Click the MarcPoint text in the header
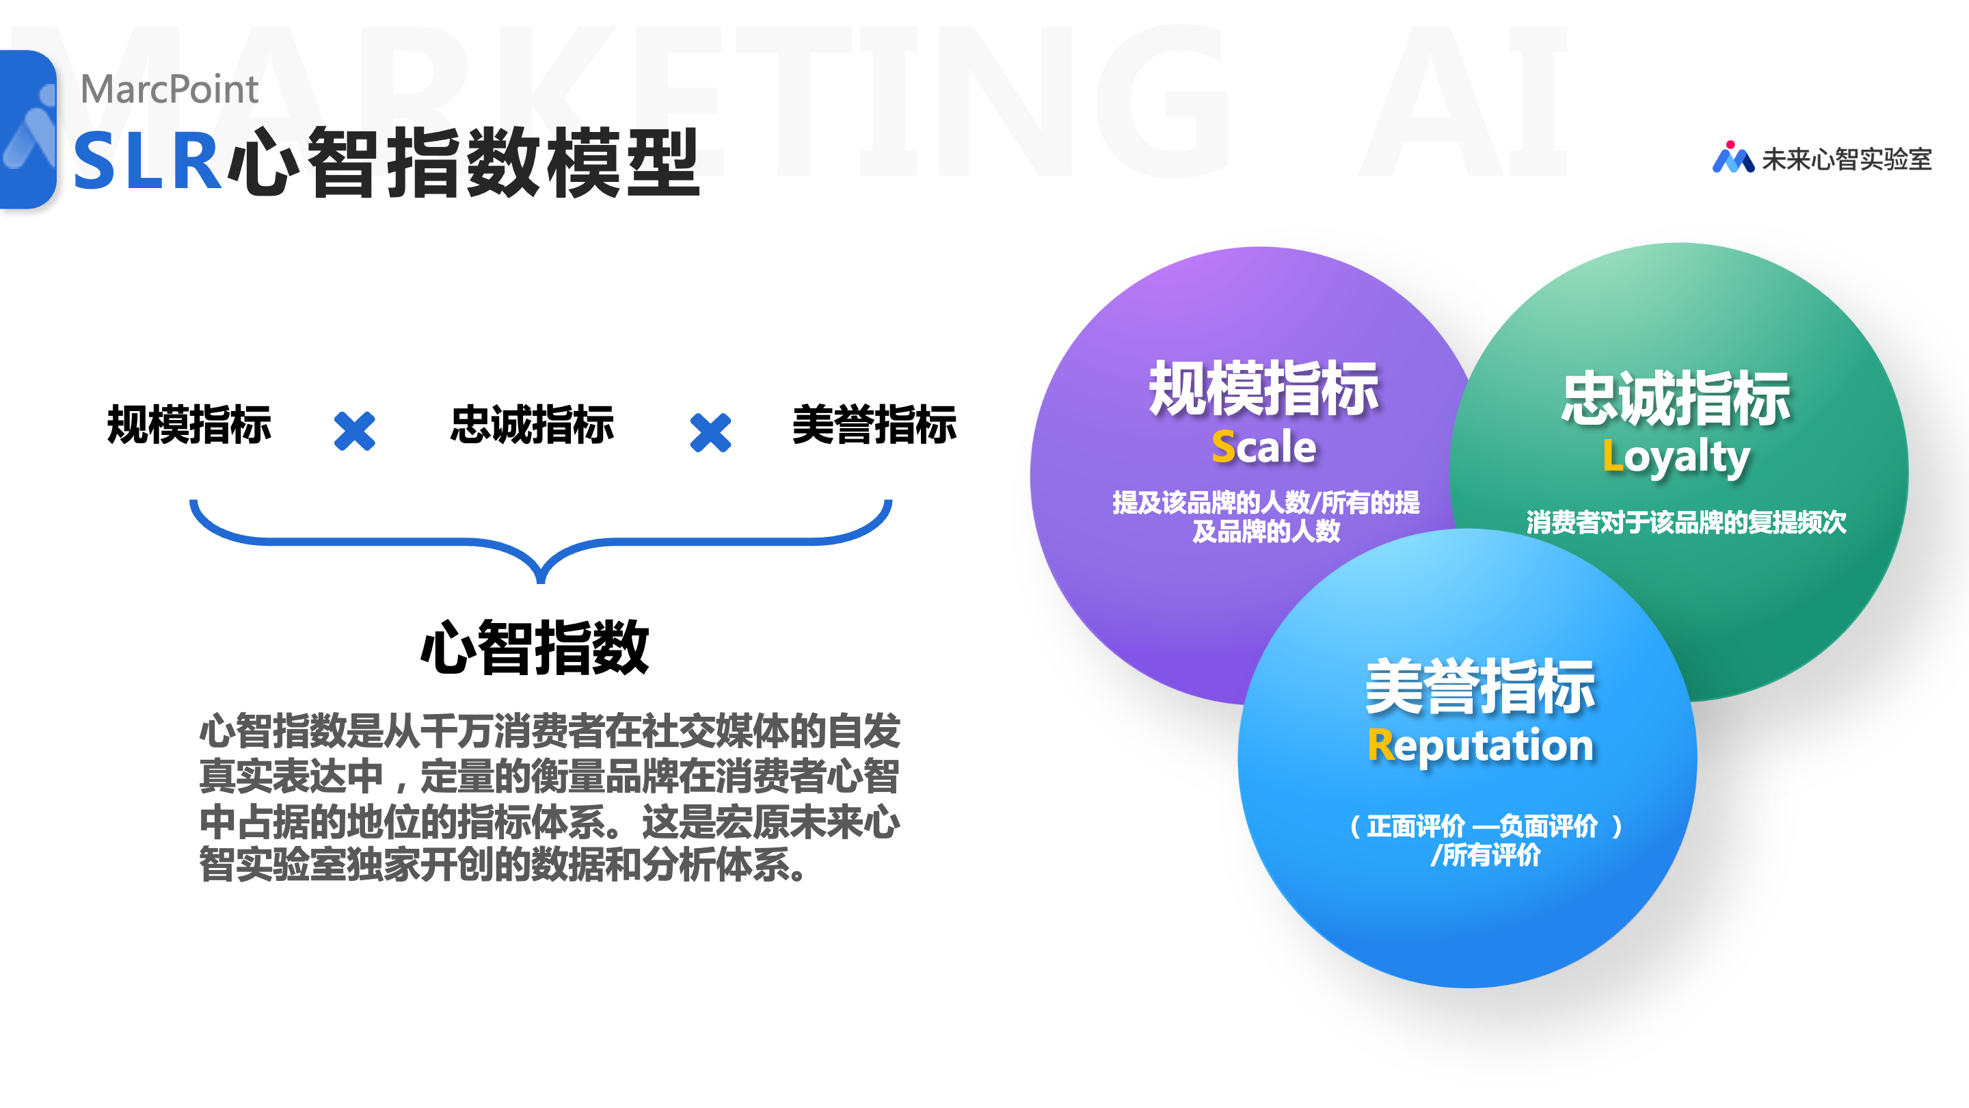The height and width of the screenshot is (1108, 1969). [x=170, y=90]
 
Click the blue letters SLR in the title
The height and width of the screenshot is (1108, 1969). [x=147, y=161]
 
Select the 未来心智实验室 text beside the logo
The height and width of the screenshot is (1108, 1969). [x=1847, y=159]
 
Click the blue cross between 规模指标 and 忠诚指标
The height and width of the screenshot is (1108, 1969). [x=355, y=432]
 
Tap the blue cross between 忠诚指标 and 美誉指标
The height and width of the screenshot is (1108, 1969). [x=710, y=433]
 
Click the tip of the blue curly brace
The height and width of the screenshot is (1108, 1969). [x=541, y=582]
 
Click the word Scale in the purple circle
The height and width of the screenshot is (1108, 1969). [x=1264, y=447]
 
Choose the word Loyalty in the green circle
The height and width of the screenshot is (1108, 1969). [x=1676, y=458]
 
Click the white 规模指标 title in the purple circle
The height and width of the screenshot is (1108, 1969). [x=1264, y=388]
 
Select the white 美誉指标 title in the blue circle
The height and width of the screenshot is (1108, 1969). [x=1481, y=687]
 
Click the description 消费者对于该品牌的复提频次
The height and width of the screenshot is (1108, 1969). [x=1686, y=523]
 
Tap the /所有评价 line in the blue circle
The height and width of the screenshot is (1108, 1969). [x=1486, y=855]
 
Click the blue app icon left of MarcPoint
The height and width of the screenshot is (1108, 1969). [x=28, y=129]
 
